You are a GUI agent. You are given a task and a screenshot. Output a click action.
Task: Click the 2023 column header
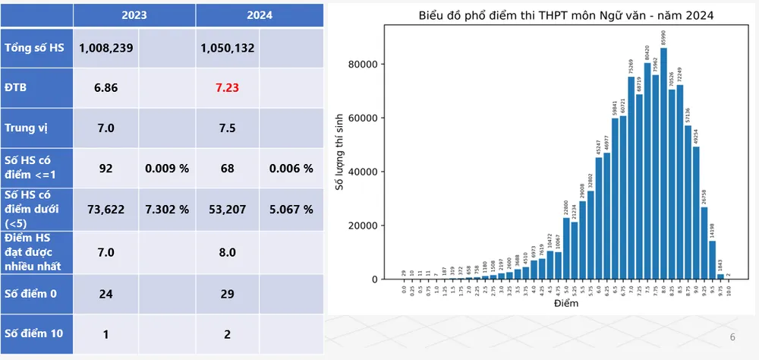[x=134, y=14]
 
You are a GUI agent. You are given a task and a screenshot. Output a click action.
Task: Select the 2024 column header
[x=259, y=14]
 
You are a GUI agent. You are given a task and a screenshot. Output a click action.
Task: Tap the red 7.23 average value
[x=227, y=88]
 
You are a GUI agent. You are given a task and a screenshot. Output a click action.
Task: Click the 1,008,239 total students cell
[x=106, y=48]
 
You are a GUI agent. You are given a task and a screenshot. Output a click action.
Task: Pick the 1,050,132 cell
[x=227, y=48]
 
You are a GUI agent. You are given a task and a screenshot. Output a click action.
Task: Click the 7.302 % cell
[x=167, y=210]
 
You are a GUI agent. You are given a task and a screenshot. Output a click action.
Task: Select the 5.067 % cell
[x=291, y=210]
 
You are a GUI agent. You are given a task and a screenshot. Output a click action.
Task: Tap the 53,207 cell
[x=227, y=210]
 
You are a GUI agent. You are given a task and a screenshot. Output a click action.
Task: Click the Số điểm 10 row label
[x=33, y=333]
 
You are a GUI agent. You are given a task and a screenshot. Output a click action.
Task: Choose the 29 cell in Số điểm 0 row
[x=227, y=293]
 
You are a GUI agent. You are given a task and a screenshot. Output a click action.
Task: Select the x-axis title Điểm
[x=566, y=304]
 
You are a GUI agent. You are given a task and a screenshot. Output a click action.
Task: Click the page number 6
[x=732, y=337]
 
